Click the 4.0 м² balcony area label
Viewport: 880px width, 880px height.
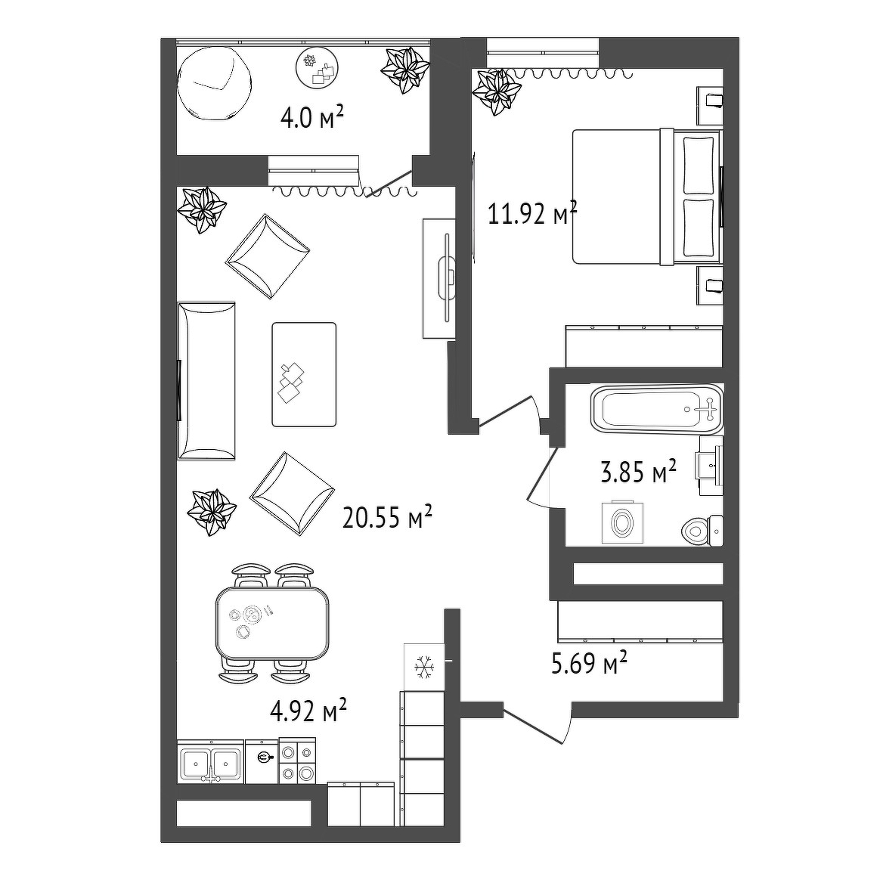coord(311,119)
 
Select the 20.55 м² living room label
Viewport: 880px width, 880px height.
coord(387,517)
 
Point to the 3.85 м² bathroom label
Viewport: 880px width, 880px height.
coord(638,472)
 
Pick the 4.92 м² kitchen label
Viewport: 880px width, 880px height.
coord(308,711)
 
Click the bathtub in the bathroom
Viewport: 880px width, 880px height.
coord(657,409)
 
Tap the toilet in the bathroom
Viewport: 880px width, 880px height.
coord(702,529)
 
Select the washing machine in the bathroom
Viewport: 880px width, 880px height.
coord(623,522)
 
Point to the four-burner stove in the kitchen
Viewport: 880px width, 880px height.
coord(297,761)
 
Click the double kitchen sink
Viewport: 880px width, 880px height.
coord(210,762)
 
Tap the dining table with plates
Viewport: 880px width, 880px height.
coord(273,623)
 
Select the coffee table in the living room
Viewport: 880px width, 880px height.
coord(304,374)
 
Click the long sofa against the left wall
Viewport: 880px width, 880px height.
coord(206,381)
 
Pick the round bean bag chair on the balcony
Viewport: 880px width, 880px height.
coord(214,82)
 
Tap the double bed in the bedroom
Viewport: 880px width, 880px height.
coord(646,197)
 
